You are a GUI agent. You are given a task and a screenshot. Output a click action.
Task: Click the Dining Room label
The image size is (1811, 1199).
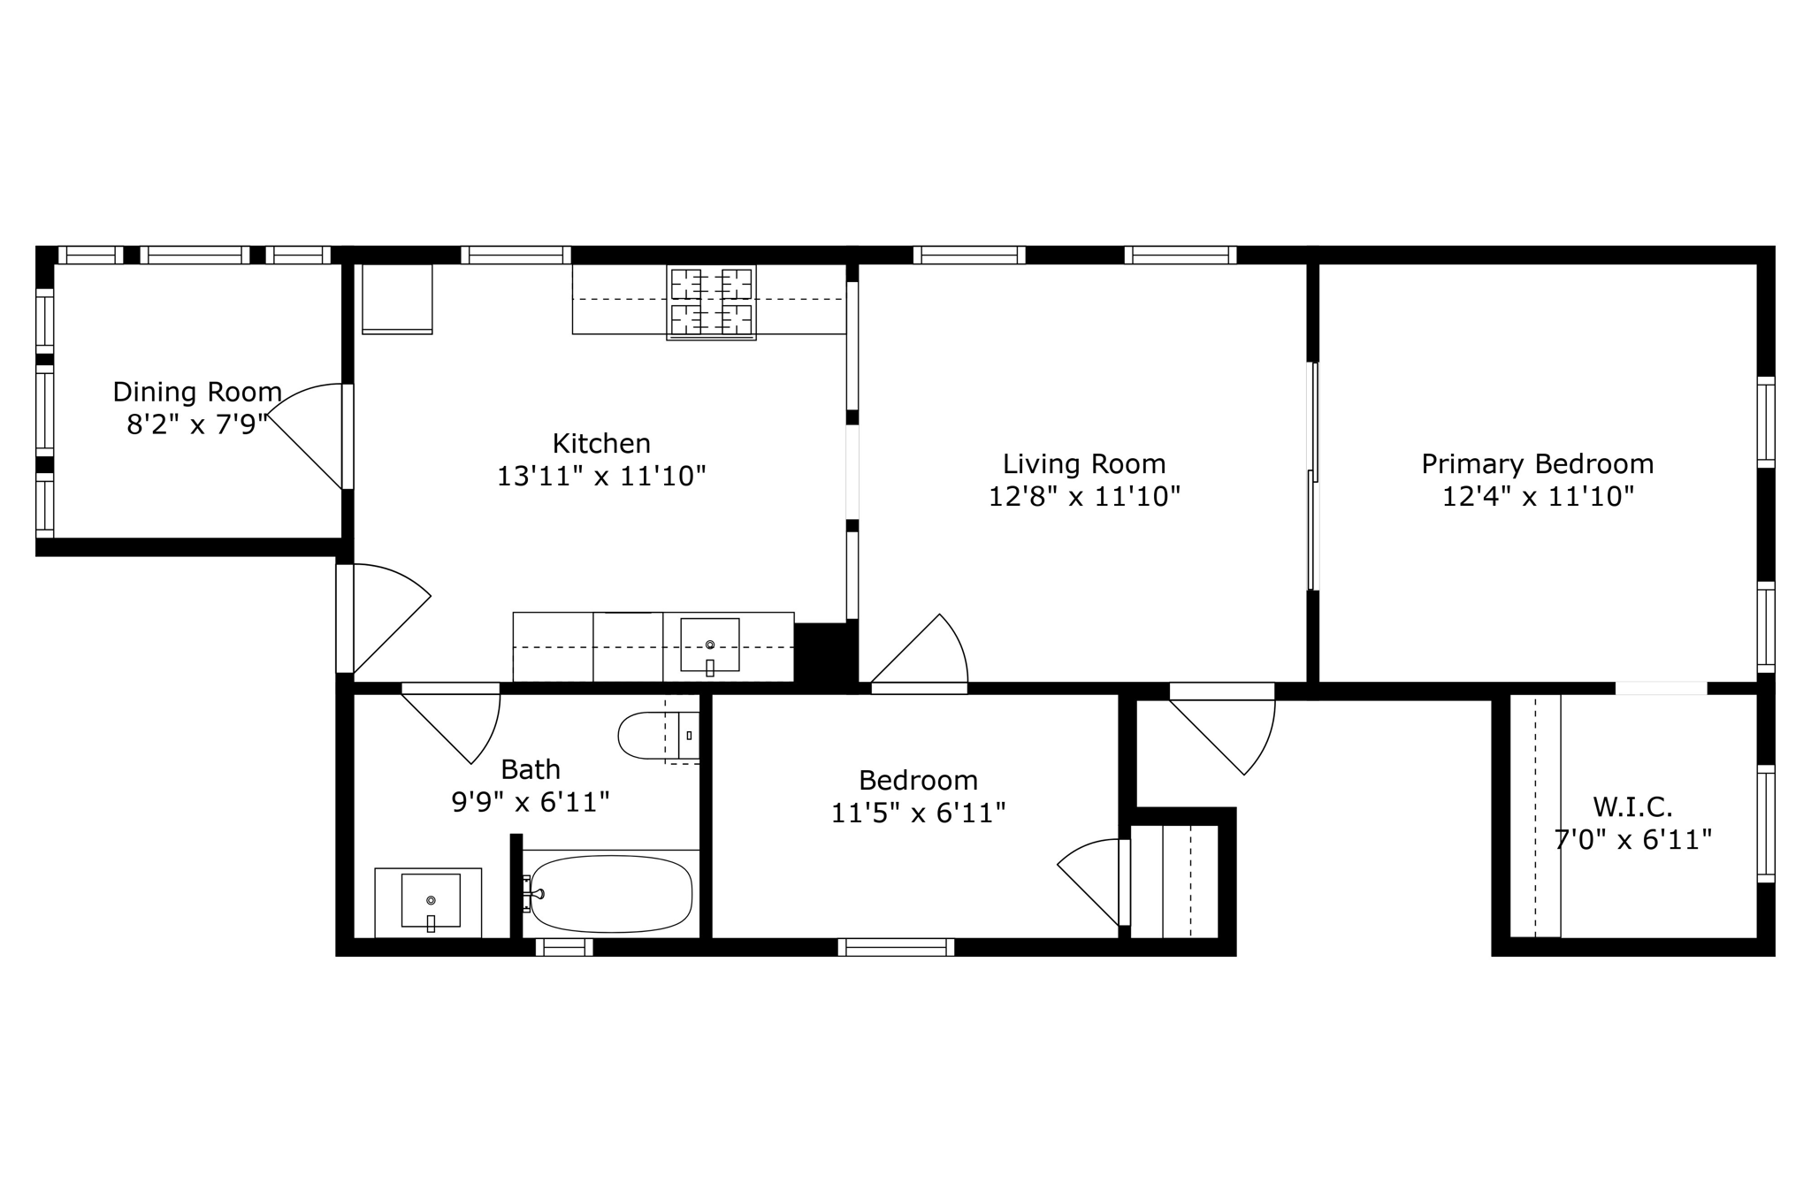point(197,392)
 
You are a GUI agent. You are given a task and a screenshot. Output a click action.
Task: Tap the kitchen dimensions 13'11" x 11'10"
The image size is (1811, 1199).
point(601,477)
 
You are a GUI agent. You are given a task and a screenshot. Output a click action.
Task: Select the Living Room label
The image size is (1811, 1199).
point(1084,464)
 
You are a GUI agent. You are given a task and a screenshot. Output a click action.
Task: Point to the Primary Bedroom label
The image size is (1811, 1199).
point(1537,464)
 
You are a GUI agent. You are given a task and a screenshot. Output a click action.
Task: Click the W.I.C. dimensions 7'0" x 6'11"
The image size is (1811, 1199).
point(1633,840)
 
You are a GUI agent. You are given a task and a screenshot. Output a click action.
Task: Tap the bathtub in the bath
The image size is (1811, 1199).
point(610,893)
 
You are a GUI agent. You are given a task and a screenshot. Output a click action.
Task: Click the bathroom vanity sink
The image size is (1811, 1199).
point(431,900)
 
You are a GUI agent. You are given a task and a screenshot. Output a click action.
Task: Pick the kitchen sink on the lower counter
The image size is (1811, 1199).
point(709,645)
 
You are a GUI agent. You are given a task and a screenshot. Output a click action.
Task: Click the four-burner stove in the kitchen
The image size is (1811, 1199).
point(711,302)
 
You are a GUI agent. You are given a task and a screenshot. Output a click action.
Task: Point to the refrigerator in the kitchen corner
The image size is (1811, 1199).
point(397,299)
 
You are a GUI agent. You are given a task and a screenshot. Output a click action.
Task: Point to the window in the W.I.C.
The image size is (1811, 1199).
point(1765,823)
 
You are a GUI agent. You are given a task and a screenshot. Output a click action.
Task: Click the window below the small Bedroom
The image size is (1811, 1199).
point(896,947)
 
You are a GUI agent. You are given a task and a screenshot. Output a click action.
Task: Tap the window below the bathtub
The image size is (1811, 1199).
point(564,947)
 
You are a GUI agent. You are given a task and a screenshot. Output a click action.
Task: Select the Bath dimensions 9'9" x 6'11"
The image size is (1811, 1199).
point(531,803)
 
